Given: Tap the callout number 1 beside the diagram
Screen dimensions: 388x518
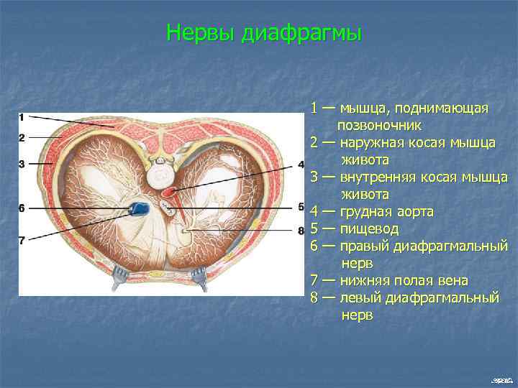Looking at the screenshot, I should pyautogui.click(x=22, y=116).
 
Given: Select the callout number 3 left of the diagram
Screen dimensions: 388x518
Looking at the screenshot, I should pyautogui.click(x=22, y=164).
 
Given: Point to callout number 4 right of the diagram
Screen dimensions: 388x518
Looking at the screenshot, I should pyautogui.click(x=301, y=165).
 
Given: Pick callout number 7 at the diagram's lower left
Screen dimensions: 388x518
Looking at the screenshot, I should pyautogui.click(x=22, y=241).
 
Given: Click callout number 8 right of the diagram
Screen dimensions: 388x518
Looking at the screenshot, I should pyautogui.click(x=301, y=231).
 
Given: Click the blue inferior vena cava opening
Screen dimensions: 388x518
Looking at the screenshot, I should pyautogui.click(x=139, y=209).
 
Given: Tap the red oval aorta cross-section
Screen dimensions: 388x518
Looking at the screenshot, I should pyautogui.click(x=170, y=192).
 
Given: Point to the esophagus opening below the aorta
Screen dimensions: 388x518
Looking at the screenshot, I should pyautogui.click(x=168, y=209).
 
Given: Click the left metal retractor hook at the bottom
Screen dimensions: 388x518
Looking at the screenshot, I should pyautogui.click(x=119, y=277).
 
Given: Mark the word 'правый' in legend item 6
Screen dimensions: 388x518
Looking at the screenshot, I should pyautogui.click(x=369, y=246).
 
